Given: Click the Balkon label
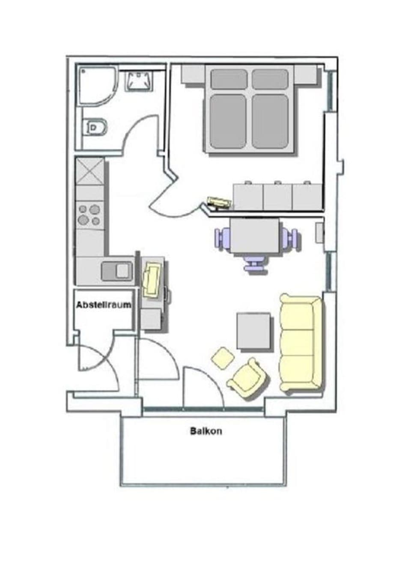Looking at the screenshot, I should click(x=206, y=431).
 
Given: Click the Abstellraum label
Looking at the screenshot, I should click(x=104, y=305).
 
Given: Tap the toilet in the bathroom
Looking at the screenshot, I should click(x=95, y=127).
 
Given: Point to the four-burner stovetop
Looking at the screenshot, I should click(x=89, y=215).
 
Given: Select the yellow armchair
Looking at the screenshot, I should click(x=248, y=378).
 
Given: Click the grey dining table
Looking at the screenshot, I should click(x=255, y=236).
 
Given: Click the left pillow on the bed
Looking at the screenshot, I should click(x=229, y=79).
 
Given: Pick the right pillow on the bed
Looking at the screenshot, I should click(x=269, y=79).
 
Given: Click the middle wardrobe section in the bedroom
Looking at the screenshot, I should click(x=277, y=197).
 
